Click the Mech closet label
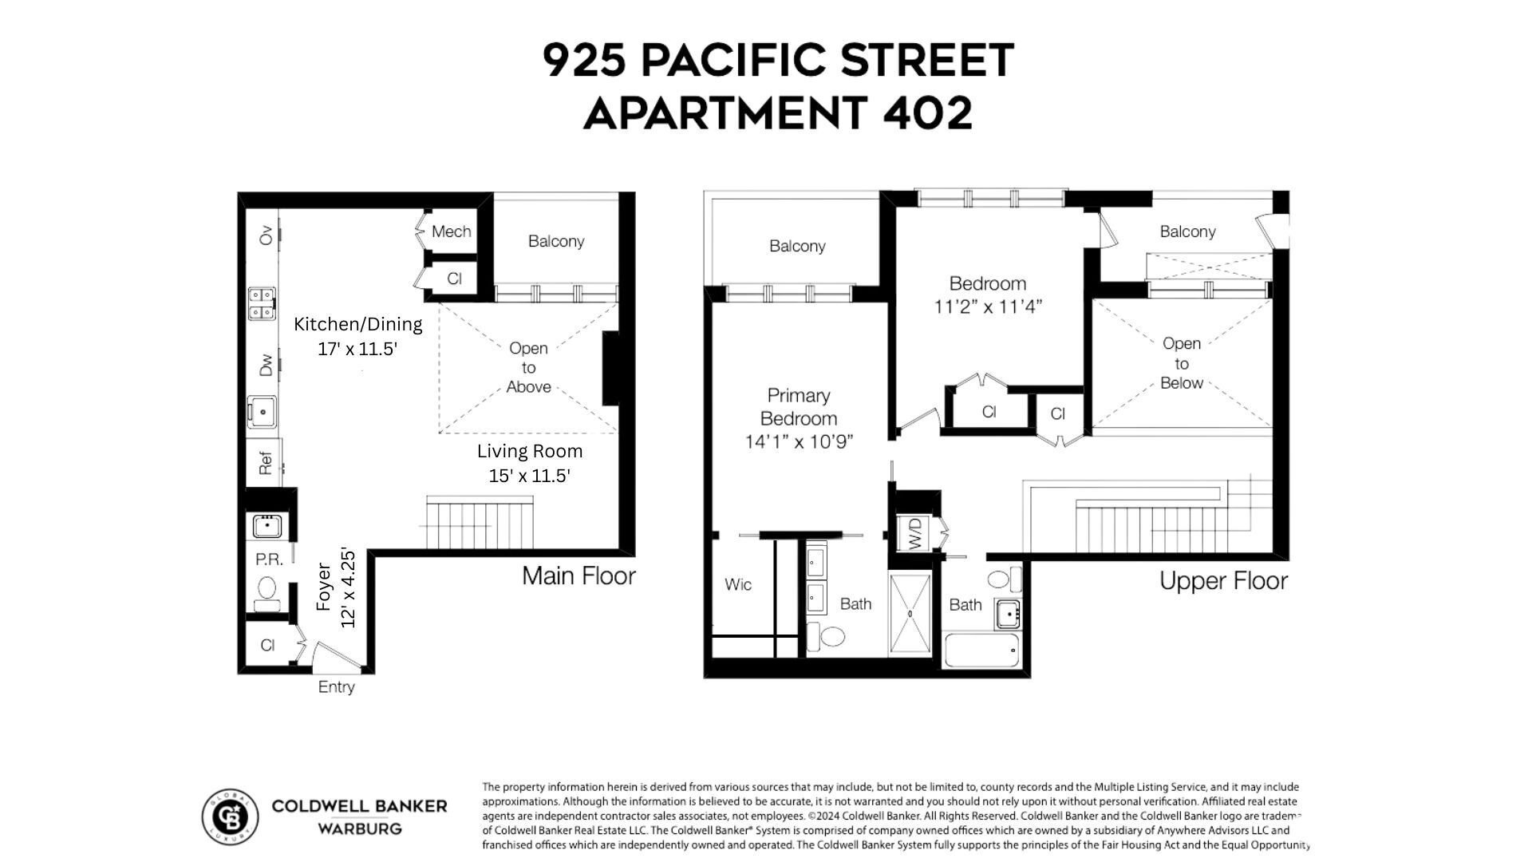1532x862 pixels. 451,231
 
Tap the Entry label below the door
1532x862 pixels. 336,686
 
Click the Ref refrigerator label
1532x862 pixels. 266,462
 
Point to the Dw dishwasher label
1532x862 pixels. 266,365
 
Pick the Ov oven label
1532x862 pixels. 266,235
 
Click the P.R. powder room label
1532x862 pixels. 269,560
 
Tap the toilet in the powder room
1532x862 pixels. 267,590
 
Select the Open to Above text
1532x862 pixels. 528,367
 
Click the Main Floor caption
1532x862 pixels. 578,575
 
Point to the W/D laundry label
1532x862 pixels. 914,533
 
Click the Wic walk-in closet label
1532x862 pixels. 738,584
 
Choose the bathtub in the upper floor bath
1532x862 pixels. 981,650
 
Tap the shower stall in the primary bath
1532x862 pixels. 910,614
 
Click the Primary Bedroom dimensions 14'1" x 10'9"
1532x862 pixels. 799,441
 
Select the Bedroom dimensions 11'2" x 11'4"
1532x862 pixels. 988,306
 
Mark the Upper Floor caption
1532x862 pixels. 1223,580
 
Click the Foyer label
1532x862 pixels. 323,587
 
